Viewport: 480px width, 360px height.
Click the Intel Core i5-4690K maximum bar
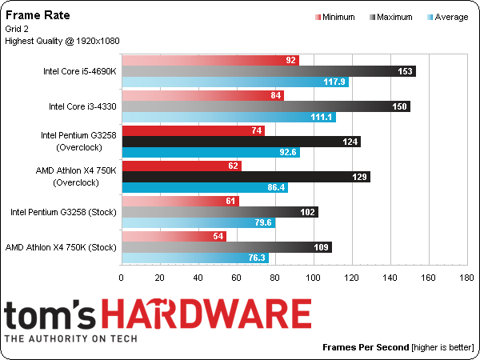click(269, 71)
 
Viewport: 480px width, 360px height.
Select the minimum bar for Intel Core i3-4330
click(202, 96)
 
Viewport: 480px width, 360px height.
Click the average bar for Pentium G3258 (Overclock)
click(210, 153)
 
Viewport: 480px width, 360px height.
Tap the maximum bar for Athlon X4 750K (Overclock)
click(246, 177)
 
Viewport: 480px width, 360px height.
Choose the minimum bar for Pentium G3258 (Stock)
click(180, 201)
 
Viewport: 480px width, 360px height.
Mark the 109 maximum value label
click(319, 247)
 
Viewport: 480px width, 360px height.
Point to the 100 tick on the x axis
click(313, 278)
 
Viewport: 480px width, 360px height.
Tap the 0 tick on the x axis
click(122, 278)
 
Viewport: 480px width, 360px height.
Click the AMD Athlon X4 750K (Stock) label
click(61, 247)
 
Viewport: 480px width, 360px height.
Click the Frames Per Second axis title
click(365, 348)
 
